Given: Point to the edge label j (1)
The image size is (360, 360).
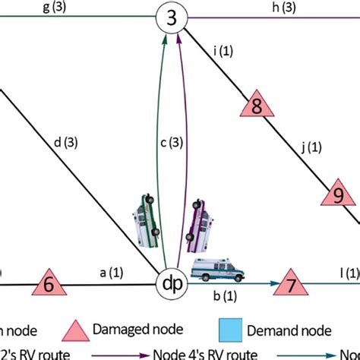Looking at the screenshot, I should tap(307, 148).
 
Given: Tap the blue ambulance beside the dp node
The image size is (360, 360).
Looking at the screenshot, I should tap(219, 270).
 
